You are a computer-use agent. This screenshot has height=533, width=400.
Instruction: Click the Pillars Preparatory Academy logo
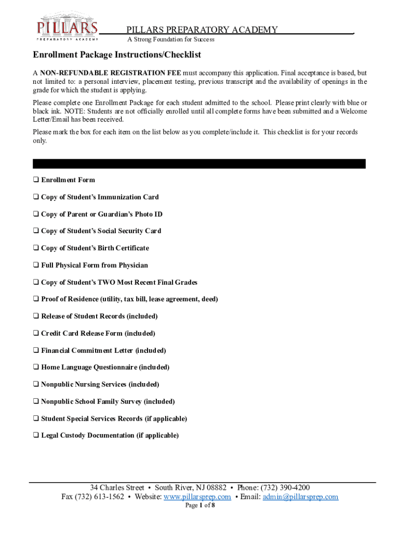[x=67, y=27]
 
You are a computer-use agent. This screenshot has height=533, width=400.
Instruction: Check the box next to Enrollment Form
[x=36, y=180]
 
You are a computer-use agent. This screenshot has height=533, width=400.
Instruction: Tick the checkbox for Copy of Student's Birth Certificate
[x=36, y=248]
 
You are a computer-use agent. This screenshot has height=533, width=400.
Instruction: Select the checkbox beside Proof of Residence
[x=36, y=299]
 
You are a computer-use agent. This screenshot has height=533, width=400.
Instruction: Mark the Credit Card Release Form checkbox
[x=36, y=334]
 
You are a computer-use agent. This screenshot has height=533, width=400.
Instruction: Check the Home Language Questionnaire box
[x=36, y=367]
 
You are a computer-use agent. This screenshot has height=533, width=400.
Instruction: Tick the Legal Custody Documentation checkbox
[x=36, y=436]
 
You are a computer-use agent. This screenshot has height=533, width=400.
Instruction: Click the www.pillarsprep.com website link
[x=197, y=497]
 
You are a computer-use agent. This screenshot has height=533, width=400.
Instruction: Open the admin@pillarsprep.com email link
[x=300, y=497]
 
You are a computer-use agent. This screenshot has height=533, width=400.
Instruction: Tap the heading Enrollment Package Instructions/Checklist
[x=117, y=55]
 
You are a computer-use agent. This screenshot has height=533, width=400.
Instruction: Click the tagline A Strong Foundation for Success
[x=171, y=40]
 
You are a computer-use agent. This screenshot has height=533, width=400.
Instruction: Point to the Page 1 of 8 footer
[x=200, y=505]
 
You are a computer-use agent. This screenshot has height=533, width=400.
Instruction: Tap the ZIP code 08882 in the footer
[x=216, y=488]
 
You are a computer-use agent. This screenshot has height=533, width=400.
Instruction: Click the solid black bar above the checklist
[x=199, y=163]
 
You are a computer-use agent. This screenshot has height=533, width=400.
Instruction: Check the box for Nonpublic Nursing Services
[x=36, y=385]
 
